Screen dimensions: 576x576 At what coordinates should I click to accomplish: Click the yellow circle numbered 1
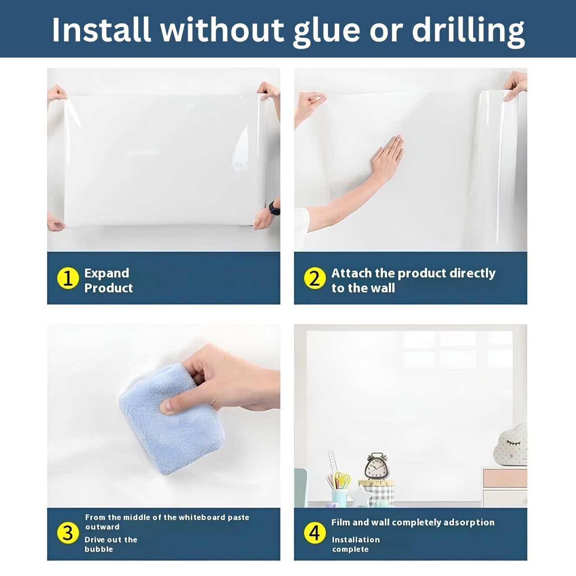pos(68,278)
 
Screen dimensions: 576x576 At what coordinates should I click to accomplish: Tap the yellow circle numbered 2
pos(315,278)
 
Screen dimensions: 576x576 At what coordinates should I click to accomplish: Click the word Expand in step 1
pos(107,274)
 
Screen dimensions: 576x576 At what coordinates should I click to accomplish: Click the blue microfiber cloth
pos(172,419)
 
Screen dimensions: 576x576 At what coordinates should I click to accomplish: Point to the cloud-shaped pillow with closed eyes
pos(510,445)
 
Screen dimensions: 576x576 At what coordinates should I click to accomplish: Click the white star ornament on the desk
pos(361,496)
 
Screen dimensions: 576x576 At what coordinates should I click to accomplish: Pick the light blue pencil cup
pos(339,498)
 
